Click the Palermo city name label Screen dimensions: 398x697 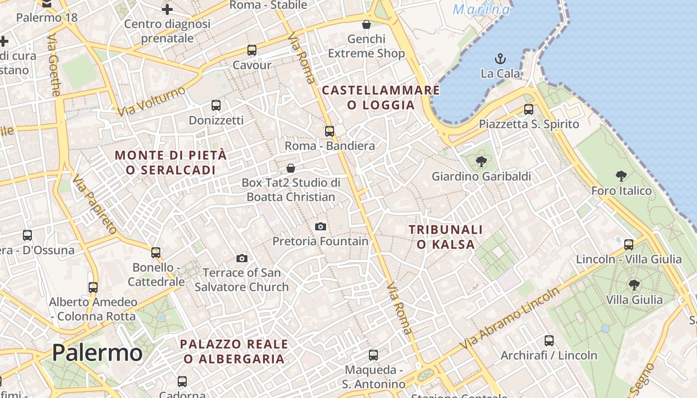(x=97, y=353)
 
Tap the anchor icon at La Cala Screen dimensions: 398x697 (x=500, y=59)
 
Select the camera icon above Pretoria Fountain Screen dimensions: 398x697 (x=321, y=227)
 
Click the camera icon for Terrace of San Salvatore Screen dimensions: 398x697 (x=242, y=258)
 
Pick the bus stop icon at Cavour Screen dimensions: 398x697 (x=252, y=50)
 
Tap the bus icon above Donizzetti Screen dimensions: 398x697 (x=216, y=105)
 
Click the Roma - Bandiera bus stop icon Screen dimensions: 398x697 (x=330, y=131)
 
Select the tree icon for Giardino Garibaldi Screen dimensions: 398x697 (x=481, y=162)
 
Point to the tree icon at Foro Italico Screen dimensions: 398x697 (x=621, y=176)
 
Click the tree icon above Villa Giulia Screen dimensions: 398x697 (x=634, y=285)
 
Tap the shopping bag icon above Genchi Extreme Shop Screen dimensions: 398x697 (x=366, y=24)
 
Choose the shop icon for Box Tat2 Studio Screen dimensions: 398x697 (x=291, y=168)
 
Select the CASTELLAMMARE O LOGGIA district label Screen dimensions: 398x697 (x=381, y=98)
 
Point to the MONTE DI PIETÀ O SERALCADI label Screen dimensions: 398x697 (x=171, y=162)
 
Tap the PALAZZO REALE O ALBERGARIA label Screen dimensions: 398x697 (x=234, y=351)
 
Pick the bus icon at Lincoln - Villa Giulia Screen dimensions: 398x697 (x=629, y=244)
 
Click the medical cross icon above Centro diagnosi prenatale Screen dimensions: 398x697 (x=167, y=9)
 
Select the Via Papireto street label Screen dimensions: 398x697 (x=94, y=204)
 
